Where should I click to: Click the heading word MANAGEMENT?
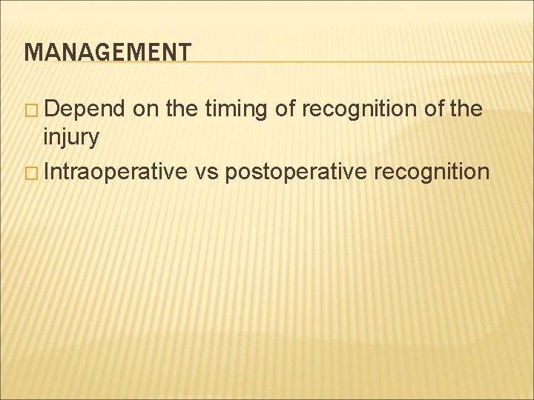(x=108, y=52)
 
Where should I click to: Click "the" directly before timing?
(x=181, y=110)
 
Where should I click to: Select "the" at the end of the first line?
(x=466, y=110)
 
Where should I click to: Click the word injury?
(x=71, y=137)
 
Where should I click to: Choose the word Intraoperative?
(x=116, y=173)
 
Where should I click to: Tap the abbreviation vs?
(x=208, y=173)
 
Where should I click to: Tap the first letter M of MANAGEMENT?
(x=31, y=52)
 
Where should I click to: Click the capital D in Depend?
(x=52, y=110)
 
